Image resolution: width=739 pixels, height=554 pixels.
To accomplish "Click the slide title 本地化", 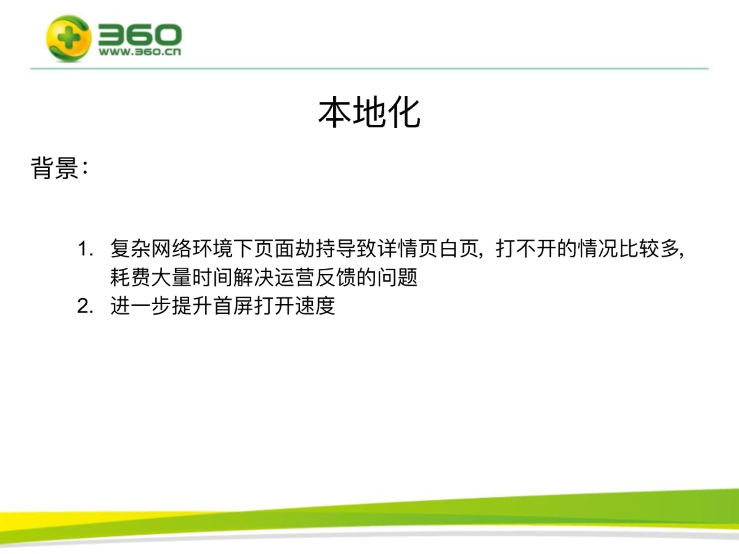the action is (x=369, y=113).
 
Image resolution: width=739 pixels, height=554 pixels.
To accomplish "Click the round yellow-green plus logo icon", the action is (x=69, y=39).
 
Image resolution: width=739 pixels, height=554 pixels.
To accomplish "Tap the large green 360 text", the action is (x=140, y=34).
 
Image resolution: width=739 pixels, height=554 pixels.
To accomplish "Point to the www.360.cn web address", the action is (x=140, y=52).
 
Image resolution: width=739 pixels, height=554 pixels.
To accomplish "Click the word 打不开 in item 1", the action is (x=526, y=249).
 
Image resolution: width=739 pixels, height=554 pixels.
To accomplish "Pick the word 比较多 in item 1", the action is (x=649, y=249).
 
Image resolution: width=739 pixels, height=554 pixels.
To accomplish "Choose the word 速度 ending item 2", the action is (x=315, y=306).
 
